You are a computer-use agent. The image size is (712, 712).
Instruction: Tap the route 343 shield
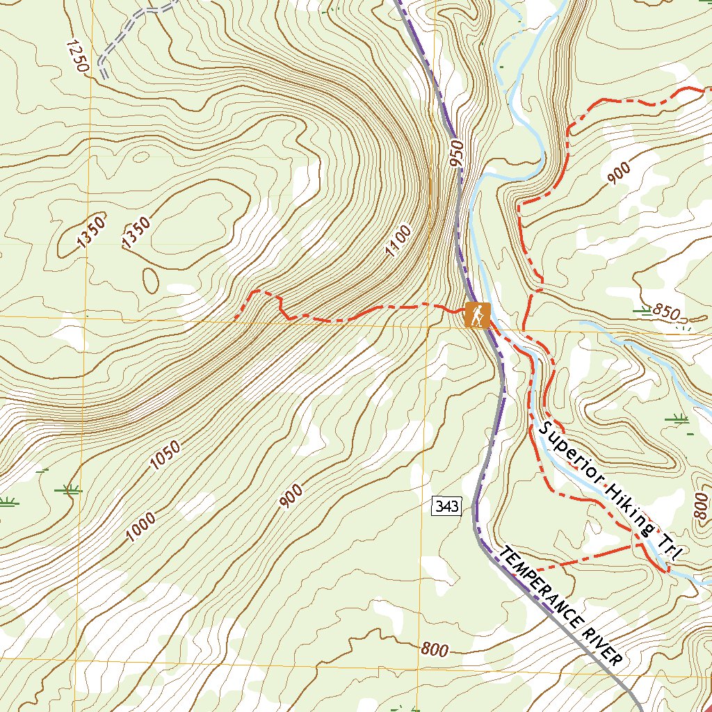coord(446,506)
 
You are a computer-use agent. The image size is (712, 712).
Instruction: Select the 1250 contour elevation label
coord(77,56)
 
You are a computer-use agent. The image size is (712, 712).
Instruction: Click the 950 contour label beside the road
coord(457,157)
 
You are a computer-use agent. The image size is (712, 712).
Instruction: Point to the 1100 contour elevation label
coord(399,241)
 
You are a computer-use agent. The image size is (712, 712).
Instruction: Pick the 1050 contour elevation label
coord(165,455)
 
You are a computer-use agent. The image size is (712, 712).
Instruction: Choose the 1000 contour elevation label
coord(141,527)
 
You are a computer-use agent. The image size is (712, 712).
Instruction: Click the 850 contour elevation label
coord(665,312)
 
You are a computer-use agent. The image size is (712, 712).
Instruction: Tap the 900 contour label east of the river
coord(618,172)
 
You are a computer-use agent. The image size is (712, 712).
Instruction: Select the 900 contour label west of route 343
coord(291,495)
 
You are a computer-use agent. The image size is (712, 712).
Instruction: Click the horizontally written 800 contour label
coord(435,650)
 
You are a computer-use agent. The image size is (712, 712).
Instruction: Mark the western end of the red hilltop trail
coord(236,318)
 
